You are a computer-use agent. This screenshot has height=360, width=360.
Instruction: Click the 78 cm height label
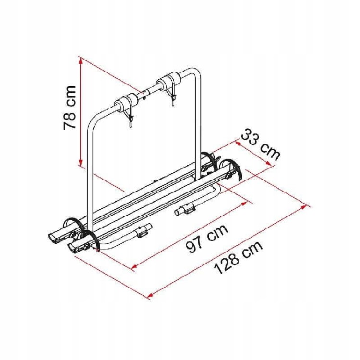(x=70, y=108)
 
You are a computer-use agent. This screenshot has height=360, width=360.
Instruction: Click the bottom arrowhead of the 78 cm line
(x=80, y=162)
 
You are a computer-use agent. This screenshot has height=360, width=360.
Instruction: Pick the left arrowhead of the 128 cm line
(x=150, y=296)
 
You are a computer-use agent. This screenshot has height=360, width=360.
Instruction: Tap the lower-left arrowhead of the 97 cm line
(x=134, y=266)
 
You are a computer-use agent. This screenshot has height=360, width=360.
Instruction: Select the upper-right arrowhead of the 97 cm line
(x=244, y=203)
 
